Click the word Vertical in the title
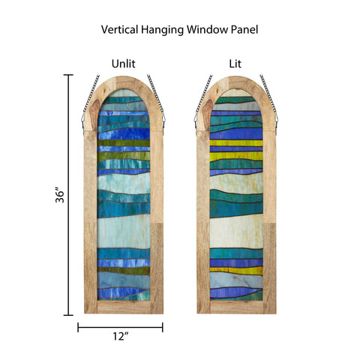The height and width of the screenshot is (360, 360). (119, 29)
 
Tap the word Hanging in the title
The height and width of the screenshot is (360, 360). (162, 30)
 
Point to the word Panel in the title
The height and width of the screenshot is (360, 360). (244, 29)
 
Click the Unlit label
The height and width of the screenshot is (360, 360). (123, 64)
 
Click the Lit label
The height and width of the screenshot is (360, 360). (235, 64)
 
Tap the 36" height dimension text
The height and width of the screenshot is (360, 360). (60, 194)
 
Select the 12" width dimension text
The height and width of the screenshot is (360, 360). (121, 336)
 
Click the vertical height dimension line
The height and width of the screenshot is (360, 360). (68, 195)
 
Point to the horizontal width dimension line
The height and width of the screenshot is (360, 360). (120, 327)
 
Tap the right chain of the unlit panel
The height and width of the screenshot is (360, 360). (157, 100)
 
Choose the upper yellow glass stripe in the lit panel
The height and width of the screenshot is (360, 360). (236, 143)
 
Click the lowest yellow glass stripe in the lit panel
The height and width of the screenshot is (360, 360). (236, 270)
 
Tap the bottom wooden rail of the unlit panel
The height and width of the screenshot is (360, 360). (124, 307)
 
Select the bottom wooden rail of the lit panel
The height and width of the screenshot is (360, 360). (236, 307)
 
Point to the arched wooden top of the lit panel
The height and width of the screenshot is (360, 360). (236, 82)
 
